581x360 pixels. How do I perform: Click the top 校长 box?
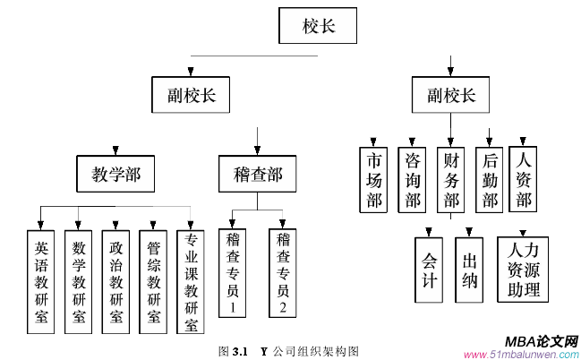pos(319,28)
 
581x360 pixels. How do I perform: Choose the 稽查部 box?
pos(257,174)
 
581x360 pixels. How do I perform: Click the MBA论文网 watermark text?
pos(541,342)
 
